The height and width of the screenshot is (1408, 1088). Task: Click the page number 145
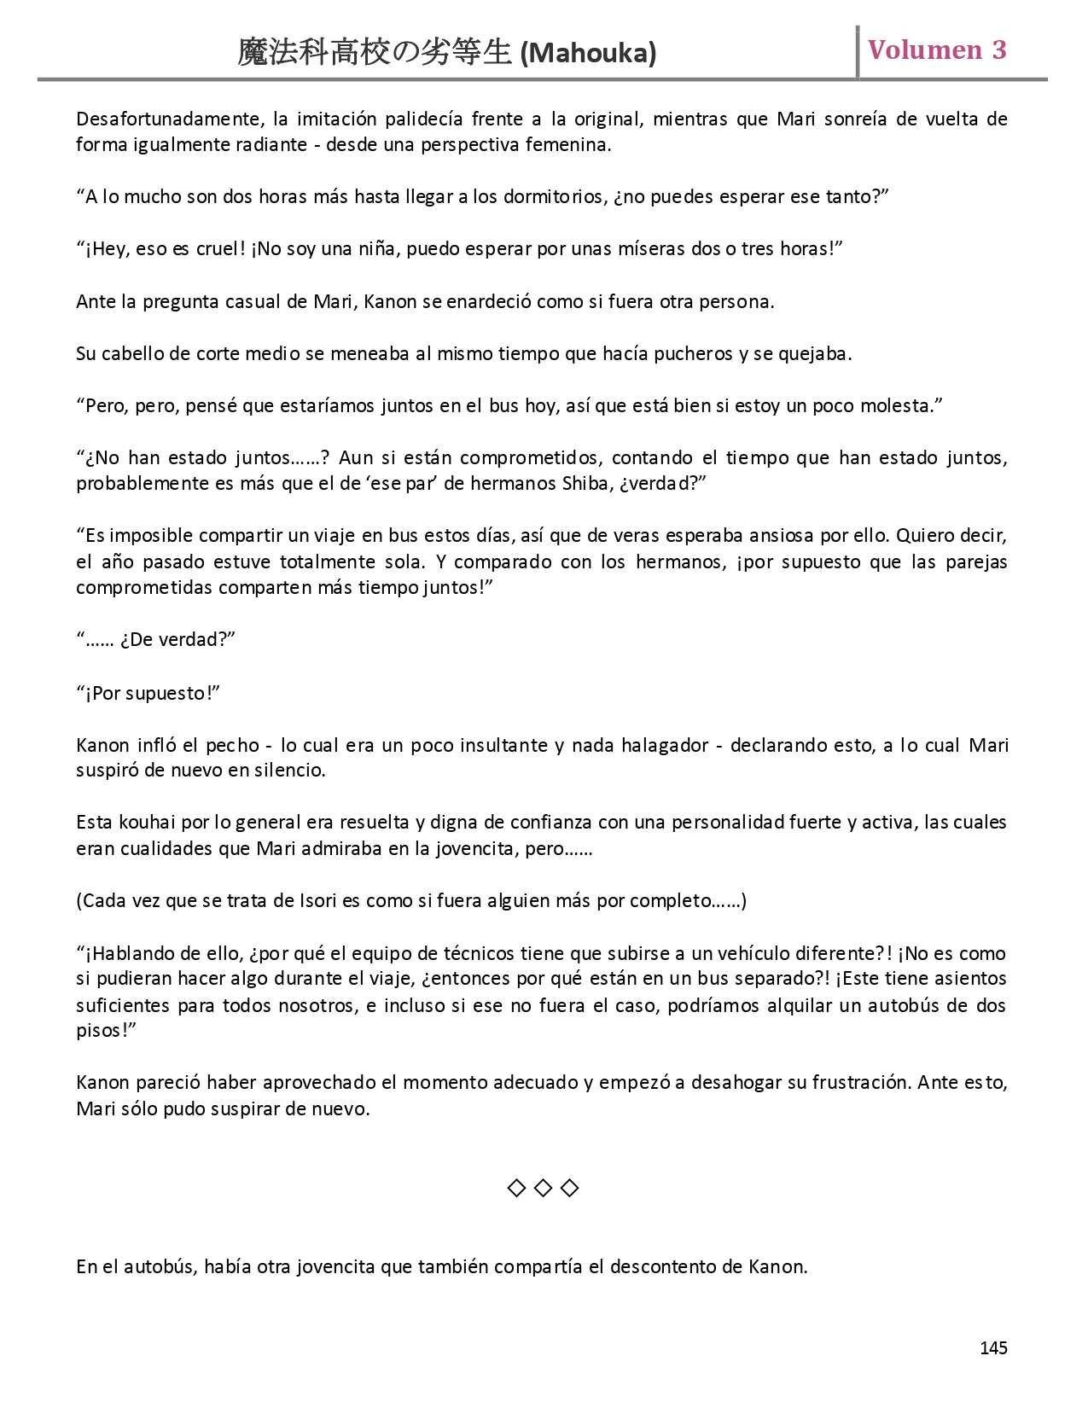pyautogui.click(x=993, y=1348)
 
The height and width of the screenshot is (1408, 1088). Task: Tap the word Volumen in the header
pyautogui.click(x=925, y=49)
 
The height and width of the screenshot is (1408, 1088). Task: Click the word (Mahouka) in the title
pyautogui.click(x=588, y=54)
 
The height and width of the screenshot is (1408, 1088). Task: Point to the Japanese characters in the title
pyautogui.click(x=375, y=53)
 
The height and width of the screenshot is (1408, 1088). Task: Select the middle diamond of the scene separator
pyautogui.click(x=543, y=1188)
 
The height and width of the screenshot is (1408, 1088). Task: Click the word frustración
pyautogui.click(x=859, y=1083)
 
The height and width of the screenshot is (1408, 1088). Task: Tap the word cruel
pyautogui.click(x=223, y=249)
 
